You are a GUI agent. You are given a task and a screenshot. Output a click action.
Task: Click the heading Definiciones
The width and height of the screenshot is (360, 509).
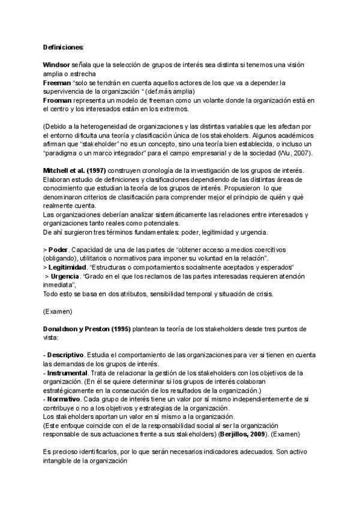point(63,47)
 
